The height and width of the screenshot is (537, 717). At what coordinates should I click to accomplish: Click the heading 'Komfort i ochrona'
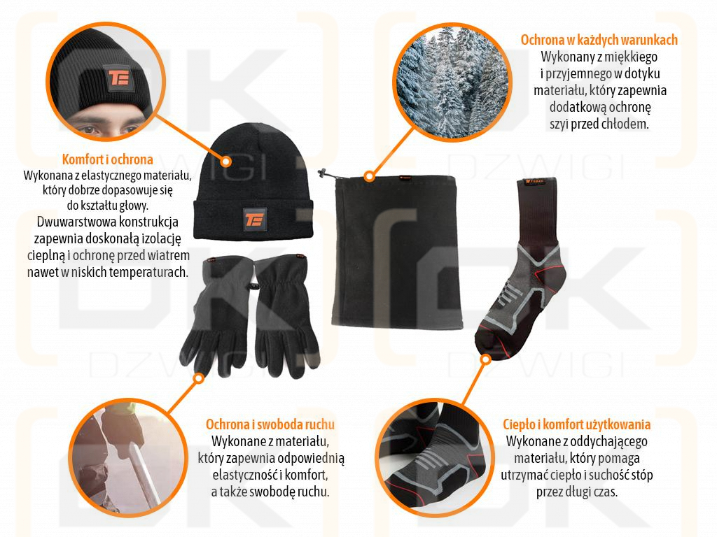107,159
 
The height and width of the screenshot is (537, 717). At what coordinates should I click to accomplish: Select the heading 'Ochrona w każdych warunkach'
599,40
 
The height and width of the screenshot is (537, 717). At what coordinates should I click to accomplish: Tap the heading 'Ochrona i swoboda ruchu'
270,424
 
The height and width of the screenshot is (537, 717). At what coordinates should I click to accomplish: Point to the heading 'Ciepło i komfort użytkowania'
577,424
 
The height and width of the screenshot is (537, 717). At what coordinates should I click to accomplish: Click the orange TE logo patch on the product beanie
254,219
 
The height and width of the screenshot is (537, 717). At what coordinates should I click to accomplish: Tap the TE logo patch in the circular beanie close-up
119,77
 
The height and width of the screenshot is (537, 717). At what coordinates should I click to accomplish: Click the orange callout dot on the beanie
226,162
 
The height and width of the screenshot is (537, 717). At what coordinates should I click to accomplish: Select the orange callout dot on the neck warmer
370,176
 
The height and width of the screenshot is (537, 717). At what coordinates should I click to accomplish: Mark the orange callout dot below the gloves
198,378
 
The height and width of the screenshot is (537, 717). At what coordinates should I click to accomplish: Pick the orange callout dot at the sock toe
486,359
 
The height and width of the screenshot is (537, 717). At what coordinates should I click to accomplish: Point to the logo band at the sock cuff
536,182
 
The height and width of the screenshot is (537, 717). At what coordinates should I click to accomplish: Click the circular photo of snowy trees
452,83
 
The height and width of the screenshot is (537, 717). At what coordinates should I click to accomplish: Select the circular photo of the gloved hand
128,458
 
